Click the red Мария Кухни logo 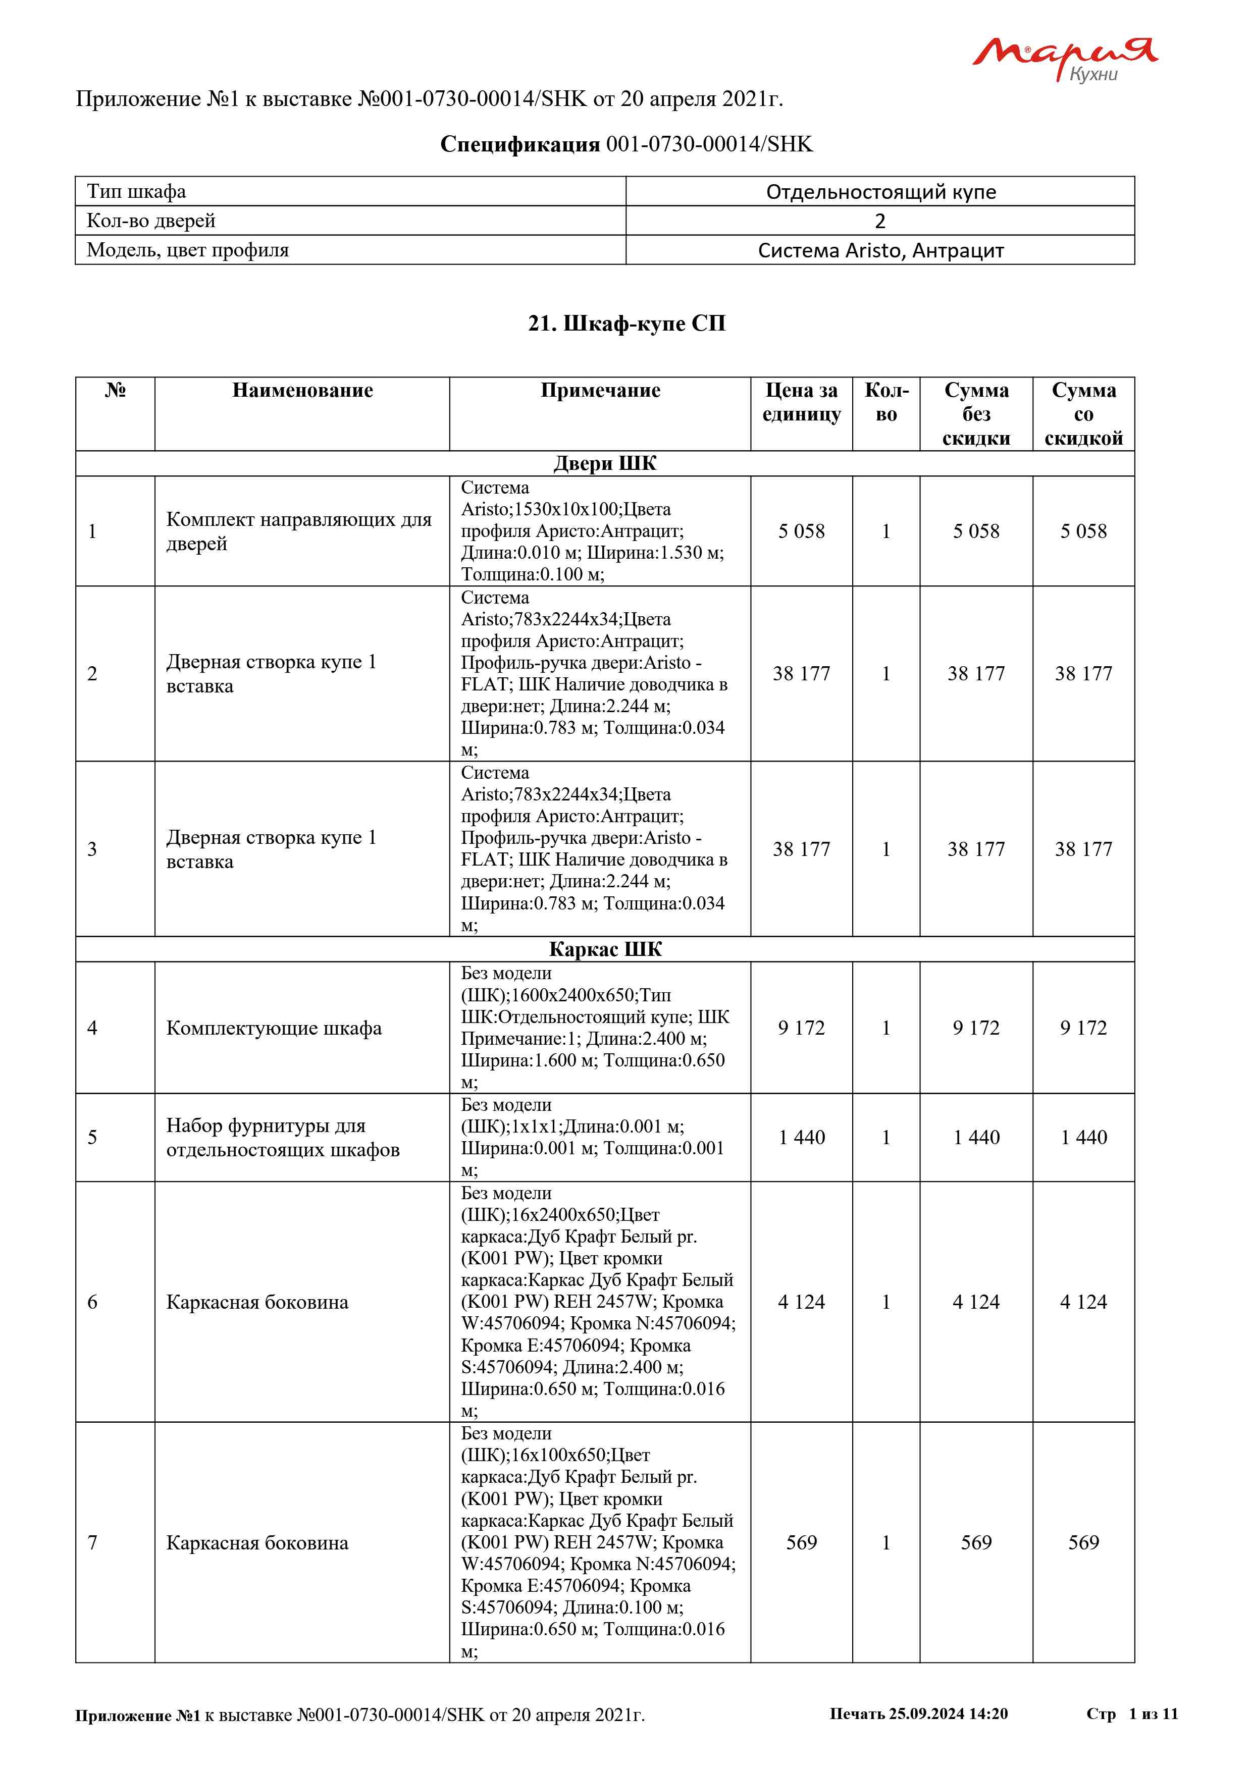(1064, 58)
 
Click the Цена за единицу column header (801, 402)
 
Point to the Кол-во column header (886, 402)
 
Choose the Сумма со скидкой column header (1083, 414)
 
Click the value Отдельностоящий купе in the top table (880, 191)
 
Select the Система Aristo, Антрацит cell (880, 250)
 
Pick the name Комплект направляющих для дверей (299, 531)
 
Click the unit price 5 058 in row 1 (801, 531)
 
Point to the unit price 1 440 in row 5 (801, 1137)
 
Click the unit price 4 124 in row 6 (801, 1302)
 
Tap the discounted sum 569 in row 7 (1083, 1542)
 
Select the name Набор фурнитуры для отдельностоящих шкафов (283, 1137)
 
